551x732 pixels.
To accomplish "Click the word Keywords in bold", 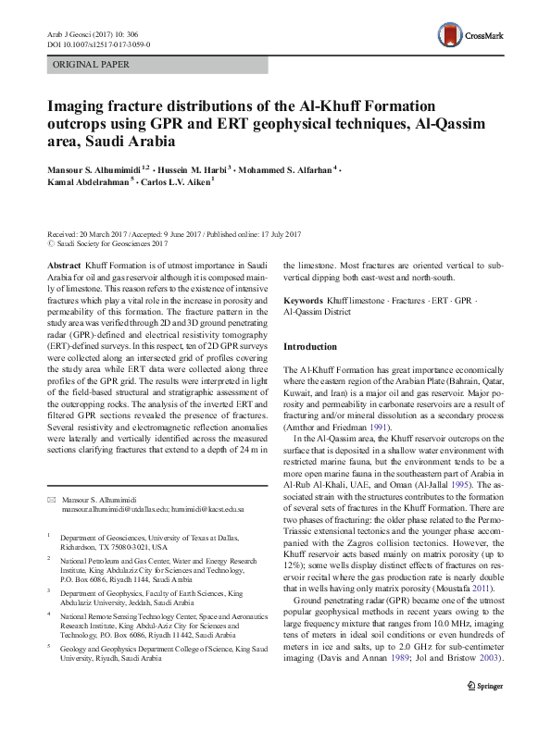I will pos(303,302).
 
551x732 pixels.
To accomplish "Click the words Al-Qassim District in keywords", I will pos(317,313).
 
